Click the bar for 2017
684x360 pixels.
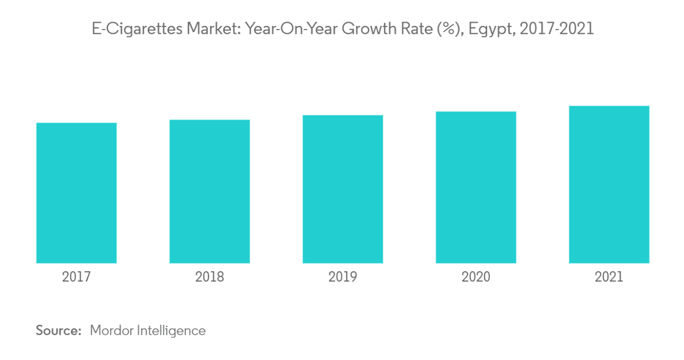[77, 193]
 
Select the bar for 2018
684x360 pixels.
[210, 191]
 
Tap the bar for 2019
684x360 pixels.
[343, 189]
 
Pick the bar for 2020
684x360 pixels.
[476, 187]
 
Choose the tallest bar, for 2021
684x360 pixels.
[609, 184]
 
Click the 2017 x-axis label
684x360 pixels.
[77, 277]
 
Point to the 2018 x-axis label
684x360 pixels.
[210, 277]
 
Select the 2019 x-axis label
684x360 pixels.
[343, 277]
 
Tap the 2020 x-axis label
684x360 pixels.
[476, 277]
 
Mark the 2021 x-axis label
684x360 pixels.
[609, 277]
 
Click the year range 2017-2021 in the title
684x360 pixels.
[557, 29]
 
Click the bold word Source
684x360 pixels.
[58, 331]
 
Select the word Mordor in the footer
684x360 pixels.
[111, 331]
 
